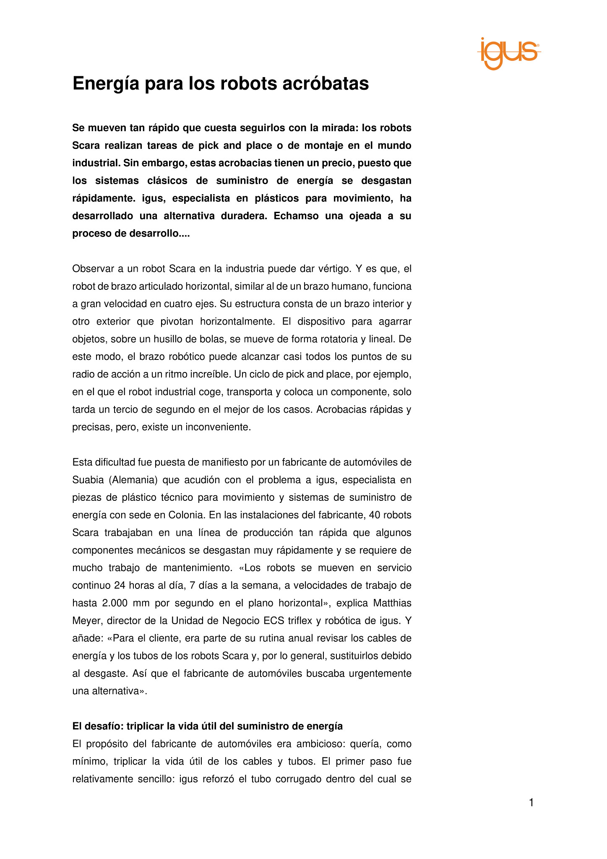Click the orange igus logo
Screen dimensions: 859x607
coord(508,53)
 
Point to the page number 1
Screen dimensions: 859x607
coord(531,803)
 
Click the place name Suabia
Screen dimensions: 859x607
coord(86,480)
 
